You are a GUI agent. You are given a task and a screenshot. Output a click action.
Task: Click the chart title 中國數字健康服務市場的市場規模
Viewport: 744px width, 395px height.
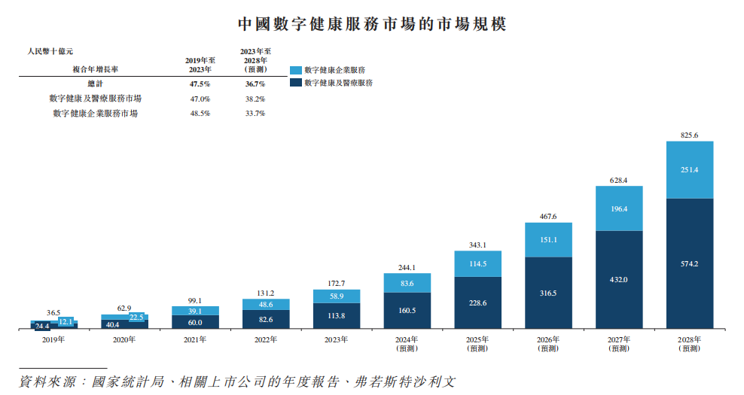[x=372, y=23]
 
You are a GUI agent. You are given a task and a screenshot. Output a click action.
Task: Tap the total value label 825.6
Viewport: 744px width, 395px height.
[x=690, y=135]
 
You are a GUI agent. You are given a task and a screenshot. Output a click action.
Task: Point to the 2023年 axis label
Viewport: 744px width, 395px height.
[x=337, y=340]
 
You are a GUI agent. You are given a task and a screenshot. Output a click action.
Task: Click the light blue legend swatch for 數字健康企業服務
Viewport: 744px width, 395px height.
[x=295, y=70]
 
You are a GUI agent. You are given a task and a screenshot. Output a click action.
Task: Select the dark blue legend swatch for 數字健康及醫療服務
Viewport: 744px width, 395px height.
[x=295, y=83]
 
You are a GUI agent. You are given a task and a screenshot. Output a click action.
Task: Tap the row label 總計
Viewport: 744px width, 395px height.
[x=95, y=84]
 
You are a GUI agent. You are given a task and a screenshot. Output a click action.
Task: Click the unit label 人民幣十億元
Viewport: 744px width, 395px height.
[x=50, y=51]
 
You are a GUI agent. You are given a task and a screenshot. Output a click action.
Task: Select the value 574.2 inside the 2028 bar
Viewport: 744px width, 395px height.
[x=690, y=263]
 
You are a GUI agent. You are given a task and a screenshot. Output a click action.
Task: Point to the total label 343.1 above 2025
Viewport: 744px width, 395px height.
[x=477, y=245]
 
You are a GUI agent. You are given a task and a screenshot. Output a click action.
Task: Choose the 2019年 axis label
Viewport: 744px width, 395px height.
[x=53, y=340]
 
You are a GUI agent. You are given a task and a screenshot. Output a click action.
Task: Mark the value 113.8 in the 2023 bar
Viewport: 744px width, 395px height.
[x=337, y=316]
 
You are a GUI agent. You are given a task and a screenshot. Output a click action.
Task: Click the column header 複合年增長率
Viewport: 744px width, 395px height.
[x=96, y=68]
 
